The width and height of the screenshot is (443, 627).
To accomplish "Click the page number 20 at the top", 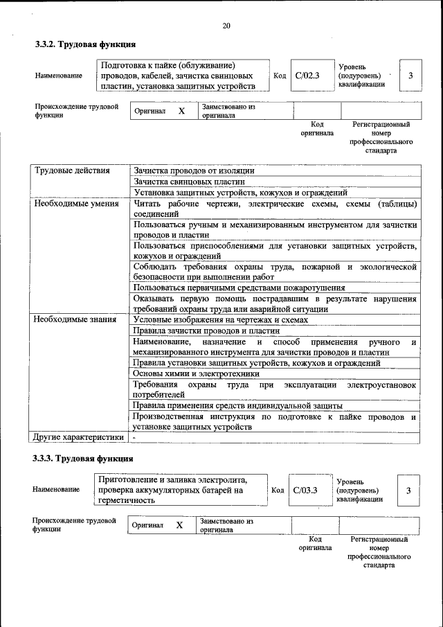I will (226, 26).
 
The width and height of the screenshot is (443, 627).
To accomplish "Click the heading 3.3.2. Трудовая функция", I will (85, 45).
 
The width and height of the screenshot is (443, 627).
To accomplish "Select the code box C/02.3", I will (305, 76).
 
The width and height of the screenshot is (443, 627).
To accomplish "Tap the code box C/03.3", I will (305, 490).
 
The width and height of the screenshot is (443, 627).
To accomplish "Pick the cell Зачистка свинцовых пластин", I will (190, 182).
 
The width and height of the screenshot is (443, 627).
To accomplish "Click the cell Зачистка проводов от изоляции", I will (194, 170).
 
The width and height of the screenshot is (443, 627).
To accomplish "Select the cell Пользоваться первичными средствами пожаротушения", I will (239, 288).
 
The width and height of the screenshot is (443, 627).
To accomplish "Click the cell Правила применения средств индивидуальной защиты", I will (237, 406).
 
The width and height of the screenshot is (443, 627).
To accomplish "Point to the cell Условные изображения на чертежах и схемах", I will (220, 320).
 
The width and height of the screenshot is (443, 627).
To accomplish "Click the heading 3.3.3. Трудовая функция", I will (83, 459).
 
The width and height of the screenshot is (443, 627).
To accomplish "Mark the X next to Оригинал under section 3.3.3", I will (179, 526).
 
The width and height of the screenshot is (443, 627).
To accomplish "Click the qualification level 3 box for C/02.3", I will (411, 76).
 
